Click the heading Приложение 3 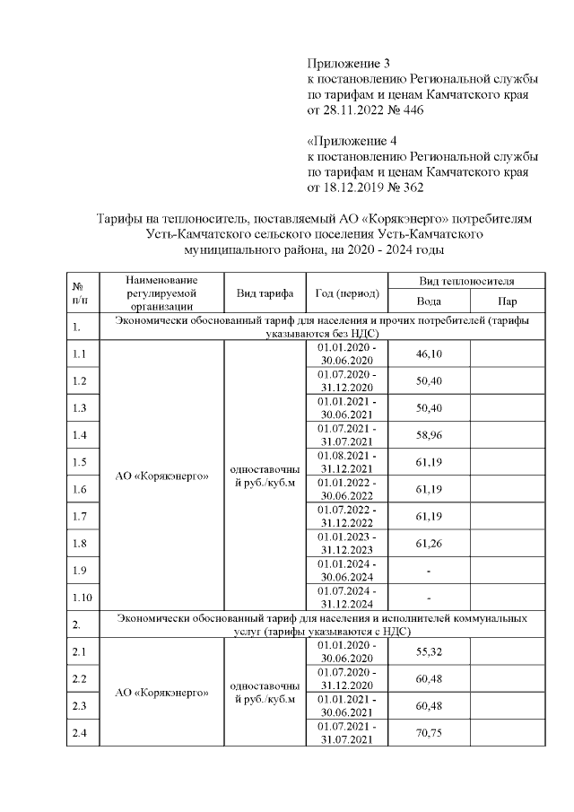pos(350,64)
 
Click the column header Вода pos(429,302)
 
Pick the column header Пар pos(508,302)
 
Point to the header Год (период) pos(348,293)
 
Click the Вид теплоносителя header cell pos(467,281)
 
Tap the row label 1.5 pos(79,462)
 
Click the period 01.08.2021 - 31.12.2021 pos(348,462)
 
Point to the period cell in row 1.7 pos(348,516)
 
